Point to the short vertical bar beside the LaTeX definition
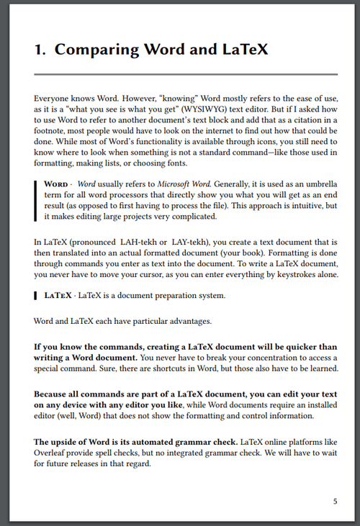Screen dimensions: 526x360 click(36, 295)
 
